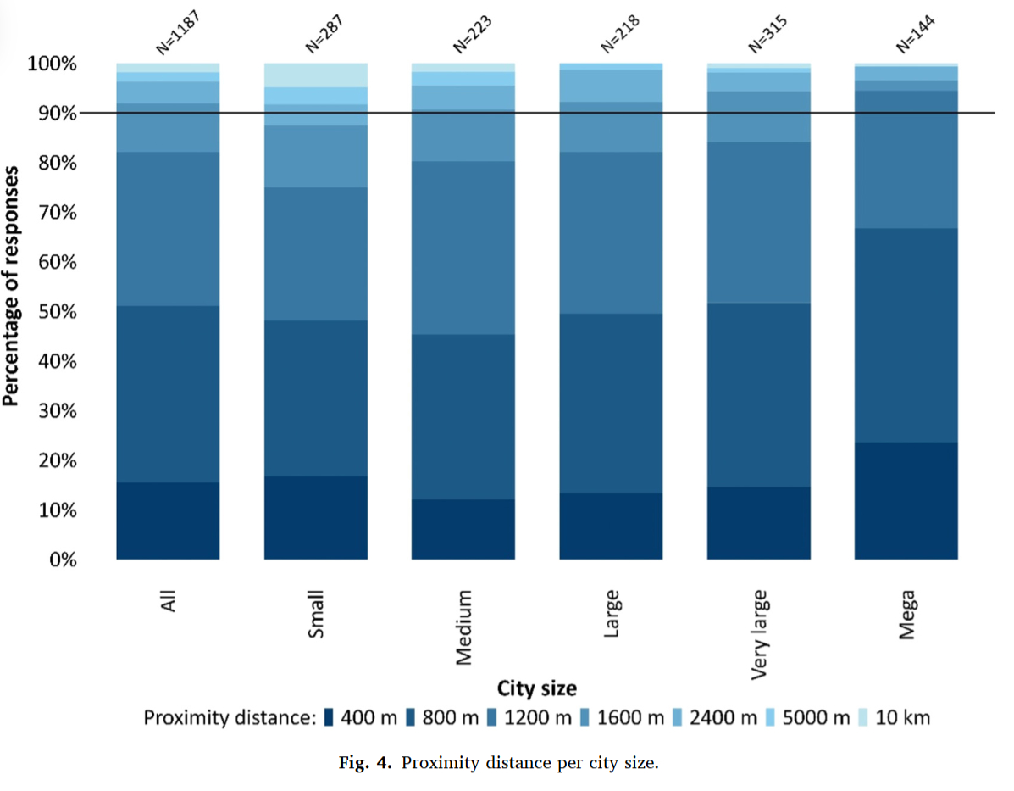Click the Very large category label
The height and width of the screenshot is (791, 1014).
(759, 635)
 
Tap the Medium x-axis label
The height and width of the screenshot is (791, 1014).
(463, 628)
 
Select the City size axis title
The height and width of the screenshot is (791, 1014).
(537, 687)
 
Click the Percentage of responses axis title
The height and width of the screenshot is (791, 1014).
(12, 287)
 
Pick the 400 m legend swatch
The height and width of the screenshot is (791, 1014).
(330, 718)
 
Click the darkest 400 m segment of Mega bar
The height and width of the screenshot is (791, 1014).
(906, 500)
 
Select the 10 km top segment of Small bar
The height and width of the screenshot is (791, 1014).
(316, 75)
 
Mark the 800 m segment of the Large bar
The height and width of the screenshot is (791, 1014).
(611, 403)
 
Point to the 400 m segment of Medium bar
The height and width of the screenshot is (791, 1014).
(463, 529)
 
